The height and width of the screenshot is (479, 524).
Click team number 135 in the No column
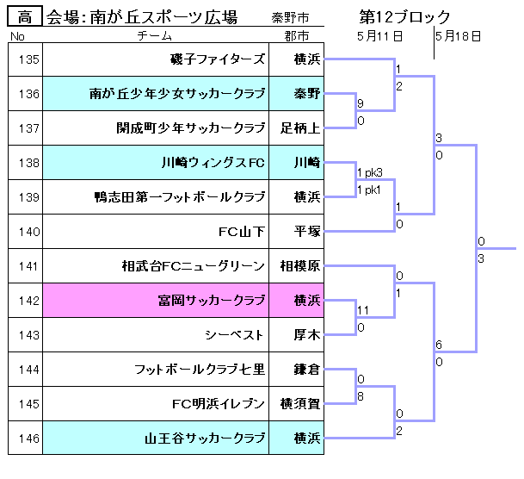[x=28, y=59]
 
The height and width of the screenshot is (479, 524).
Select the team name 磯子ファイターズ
[x=218, y=59]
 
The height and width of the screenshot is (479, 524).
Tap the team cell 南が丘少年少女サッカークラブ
[x=177, y=94]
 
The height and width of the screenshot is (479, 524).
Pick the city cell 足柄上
[x=299, y=128]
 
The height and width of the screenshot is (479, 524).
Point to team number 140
[x=28, y=232]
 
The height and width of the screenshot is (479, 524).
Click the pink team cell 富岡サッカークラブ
[x=211, y=301]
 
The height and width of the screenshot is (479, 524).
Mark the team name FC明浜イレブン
[x=219, y=404]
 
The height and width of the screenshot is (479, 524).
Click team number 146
[x=28, y=439]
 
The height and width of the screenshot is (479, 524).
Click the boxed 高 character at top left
[x=25, y=17]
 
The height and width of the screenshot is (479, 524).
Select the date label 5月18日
[x=458, y=36]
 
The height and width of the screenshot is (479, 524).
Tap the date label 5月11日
[x=380, y=36]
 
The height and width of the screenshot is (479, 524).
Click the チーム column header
[x=155, y=36]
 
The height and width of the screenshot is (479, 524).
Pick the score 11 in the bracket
[x=362, y=310]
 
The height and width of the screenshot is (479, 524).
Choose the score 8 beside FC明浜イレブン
[x=360, y=397]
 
